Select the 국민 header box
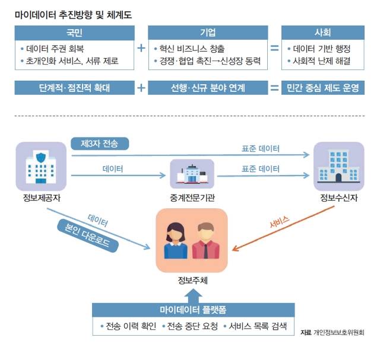point(75,32)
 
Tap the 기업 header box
point(208,32)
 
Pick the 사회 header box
point(322,32)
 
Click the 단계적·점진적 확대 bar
point(75,88)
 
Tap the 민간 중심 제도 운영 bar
point(322,88)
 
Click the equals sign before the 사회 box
point(274,49)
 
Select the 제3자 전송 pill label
point(99,144)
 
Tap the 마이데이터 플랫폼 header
point(194,310)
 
